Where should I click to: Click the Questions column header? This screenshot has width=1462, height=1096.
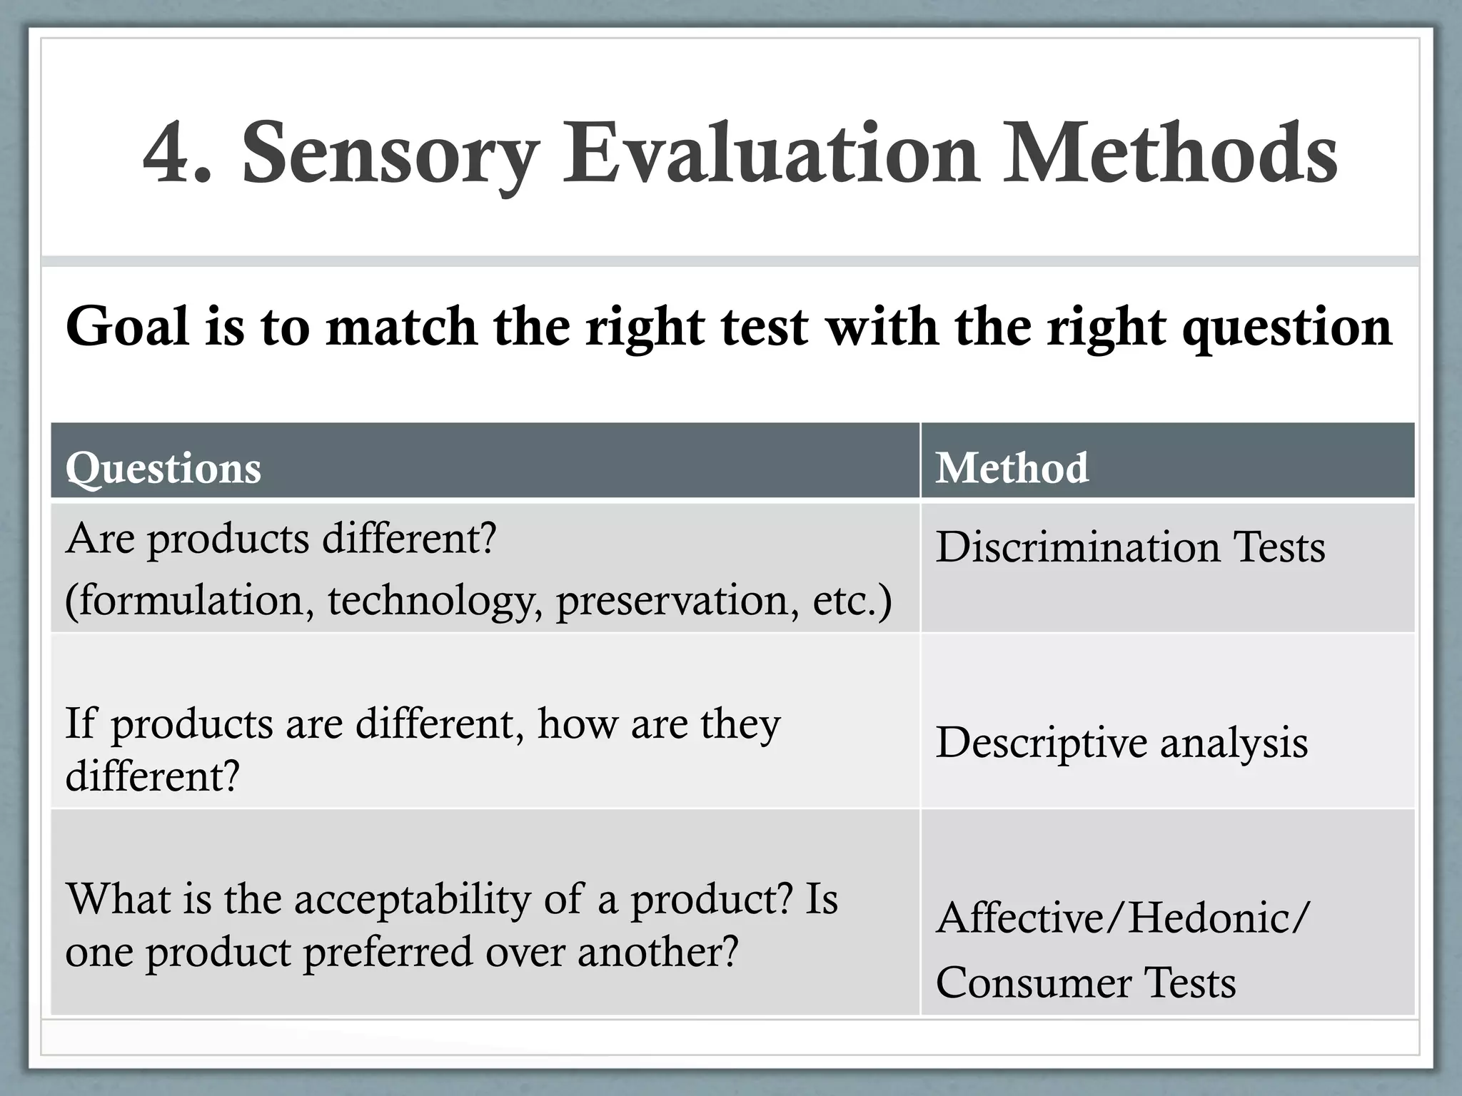pyautogui.click(x=163, y=469)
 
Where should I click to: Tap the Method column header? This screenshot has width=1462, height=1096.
pyautogui.click(x=1012, y=469)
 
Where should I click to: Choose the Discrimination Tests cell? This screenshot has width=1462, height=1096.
pyautogui.click(x=1130, y=547)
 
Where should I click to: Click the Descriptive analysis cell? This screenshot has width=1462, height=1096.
pyautogui.click(x=1121, y=742)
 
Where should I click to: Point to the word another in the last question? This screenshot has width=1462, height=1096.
pyautogui.click(x=657, y=953)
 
